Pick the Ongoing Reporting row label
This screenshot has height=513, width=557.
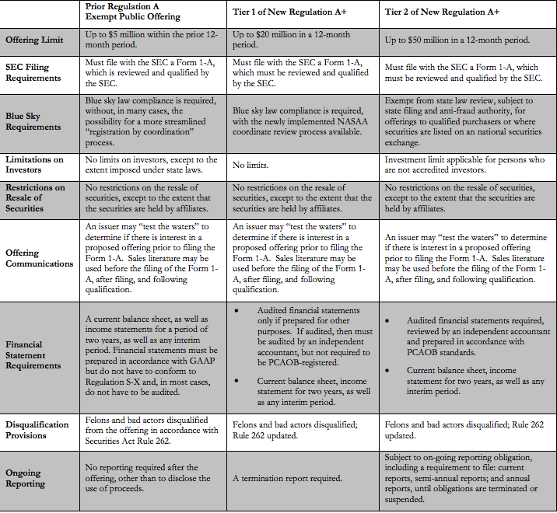pos(26,478)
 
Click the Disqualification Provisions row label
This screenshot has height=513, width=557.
pos(37,430)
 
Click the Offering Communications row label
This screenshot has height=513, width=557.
pos(39,258)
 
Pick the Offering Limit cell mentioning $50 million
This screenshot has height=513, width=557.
pos(457,40)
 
